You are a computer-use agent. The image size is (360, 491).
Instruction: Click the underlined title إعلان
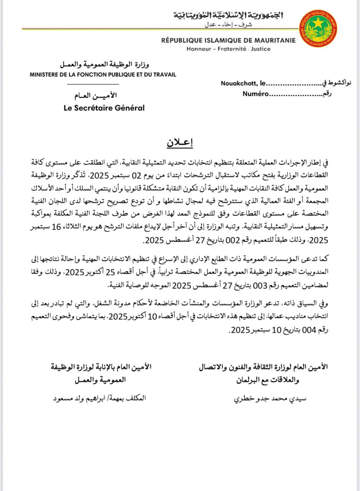pyautogui.click(x=180, y=143)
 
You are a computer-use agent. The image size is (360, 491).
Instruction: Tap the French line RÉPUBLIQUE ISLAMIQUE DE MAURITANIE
pyautogui.click(x=228, y=41)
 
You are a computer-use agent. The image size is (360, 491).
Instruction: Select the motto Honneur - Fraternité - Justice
pyautogui.click(x=228, y=49)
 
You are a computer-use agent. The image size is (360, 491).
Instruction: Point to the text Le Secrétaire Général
pyautogui.click(x=104, y=108)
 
